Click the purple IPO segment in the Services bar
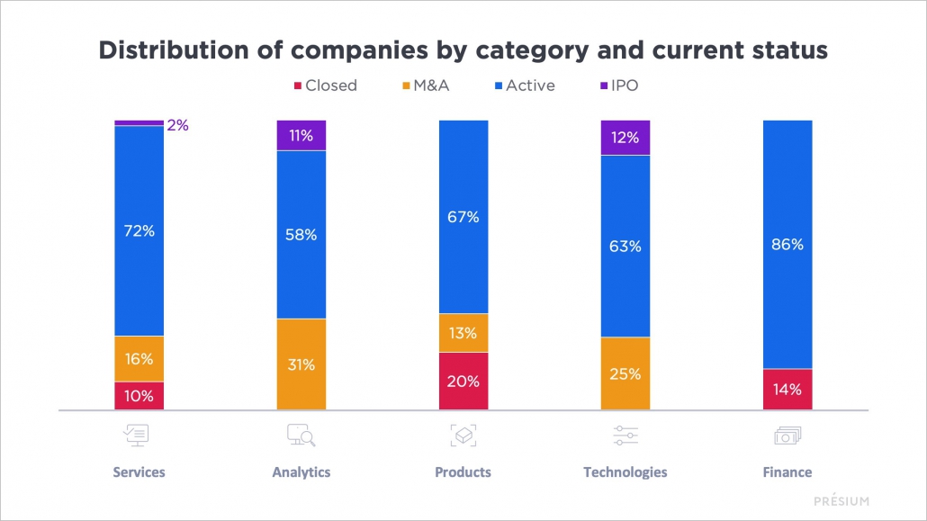tap(139, 122)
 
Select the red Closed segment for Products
tap(463, 381)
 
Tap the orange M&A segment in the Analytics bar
tap(301, 364)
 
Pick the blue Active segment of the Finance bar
tap(787, 244)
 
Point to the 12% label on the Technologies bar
tap(625, 138)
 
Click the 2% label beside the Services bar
tap(177, 126)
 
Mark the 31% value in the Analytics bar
tap(301, 364)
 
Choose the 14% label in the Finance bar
tap(787, 390)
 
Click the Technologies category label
tap(625, 472)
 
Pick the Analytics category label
tap(301, 472)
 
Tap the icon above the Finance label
tap(787, 436)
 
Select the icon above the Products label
tap(463, 436)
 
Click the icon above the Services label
tap(139, 436)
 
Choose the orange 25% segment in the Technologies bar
tap(625, 373)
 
